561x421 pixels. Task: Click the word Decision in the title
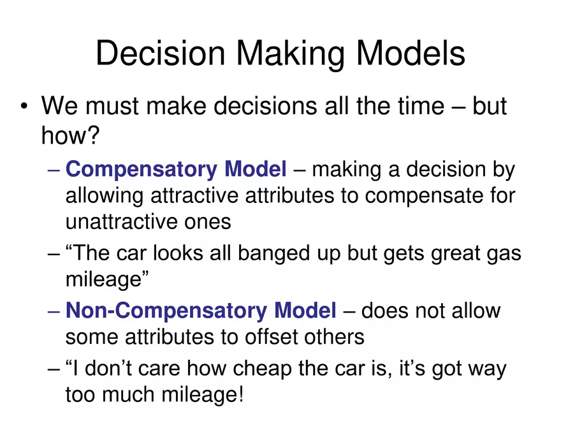[161, 53]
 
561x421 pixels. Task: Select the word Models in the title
[411, 53]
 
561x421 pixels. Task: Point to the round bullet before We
[24, 106]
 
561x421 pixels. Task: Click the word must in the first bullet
[112, 107]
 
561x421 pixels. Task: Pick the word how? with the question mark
[70, 135]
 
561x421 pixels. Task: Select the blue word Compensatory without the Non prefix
[142, 169]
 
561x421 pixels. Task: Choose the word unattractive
[122, 221]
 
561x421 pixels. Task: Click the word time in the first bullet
[419, 107]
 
